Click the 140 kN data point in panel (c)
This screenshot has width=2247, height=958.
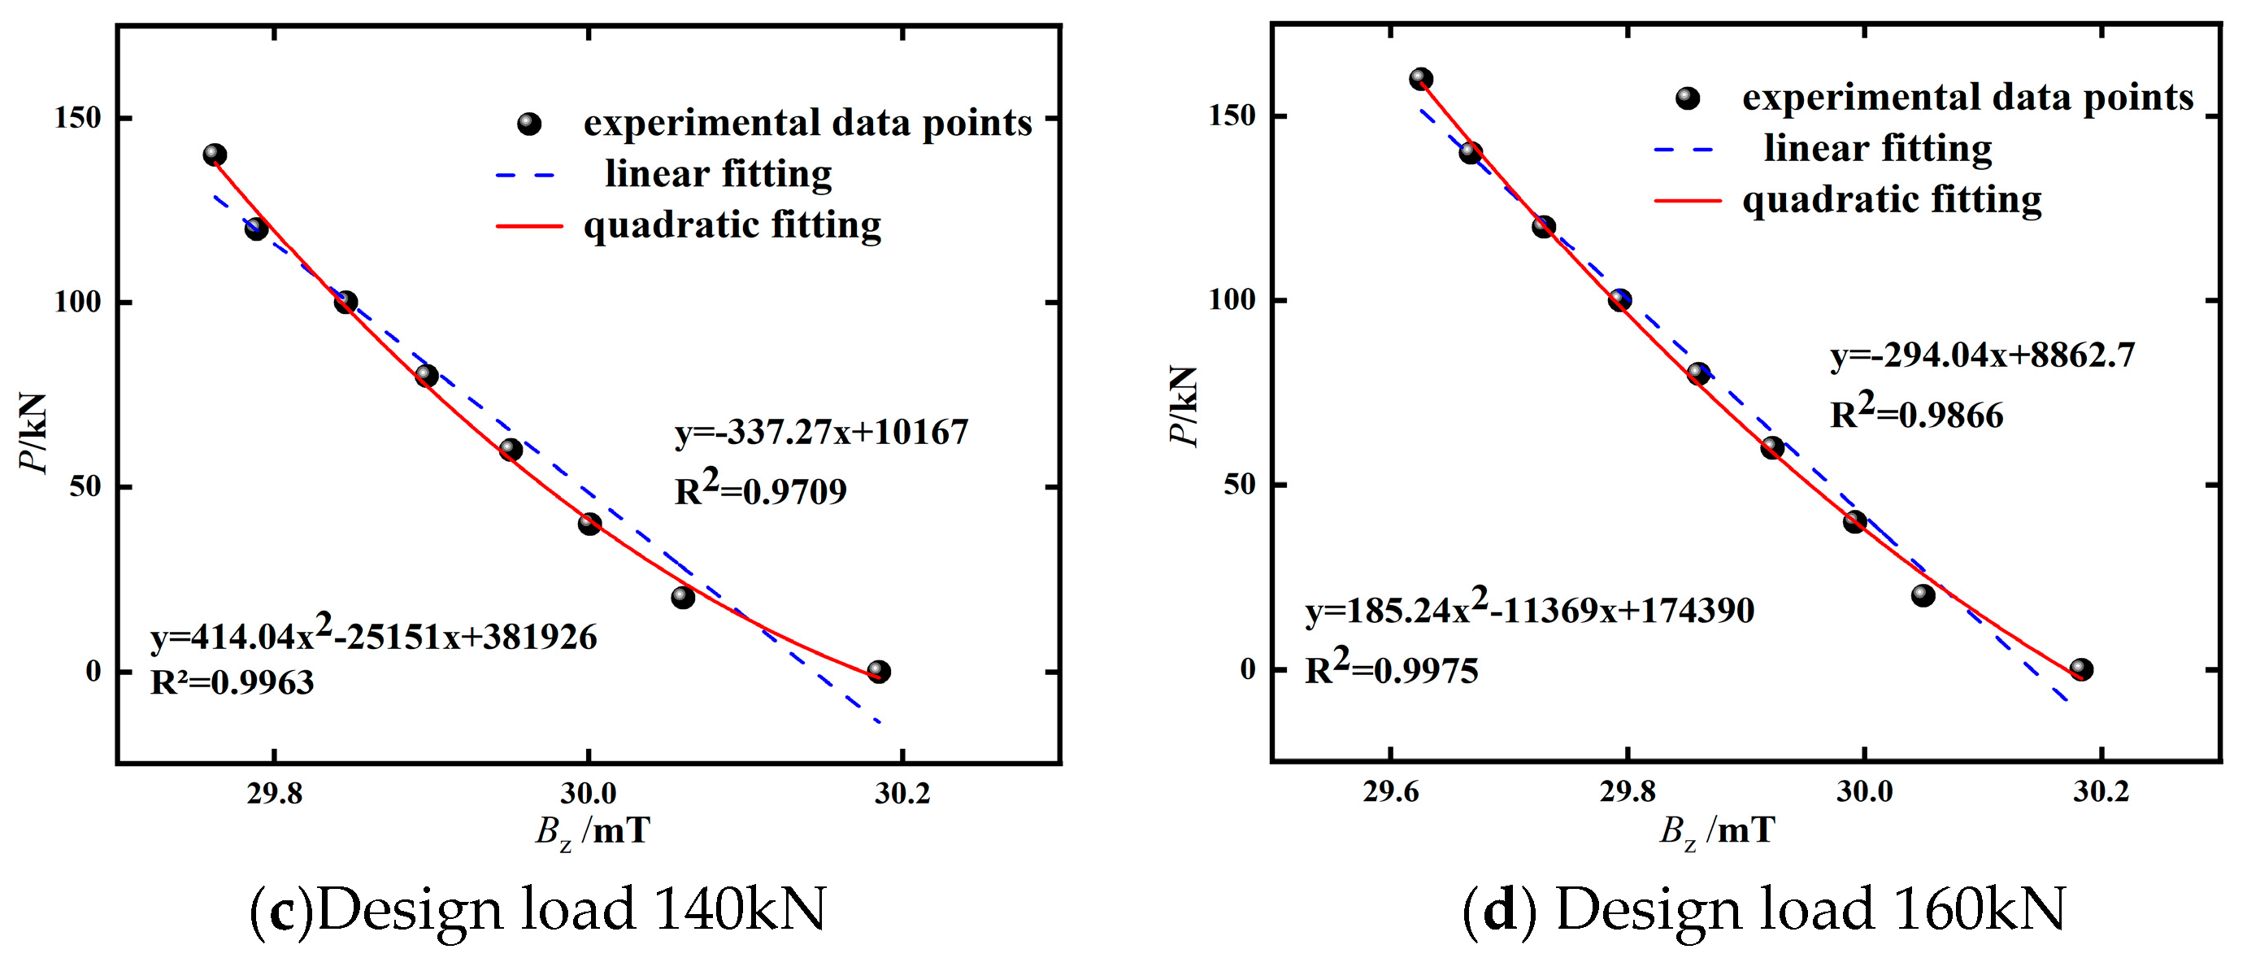pos(215,155)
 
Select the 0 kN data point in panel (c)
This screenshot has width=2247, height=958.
pos(878,671)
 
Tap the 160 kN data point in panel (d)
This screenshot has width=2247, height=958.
pos(1421,79)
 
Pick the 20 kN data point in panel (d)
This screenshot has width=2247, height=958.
pos(1923,595)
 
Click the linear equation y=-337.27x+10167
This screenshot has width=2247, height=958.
pos(821,432)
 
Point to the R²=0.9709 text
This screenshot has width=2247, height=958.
pos(760,490)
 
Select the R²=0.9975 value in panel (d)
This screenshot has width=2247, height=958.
pos(1391,668)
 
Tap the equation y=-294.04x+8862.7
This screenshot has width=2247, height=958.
pos(1982,355)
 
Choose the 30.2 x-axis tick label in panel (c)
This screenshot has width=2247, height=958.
pos(903,793)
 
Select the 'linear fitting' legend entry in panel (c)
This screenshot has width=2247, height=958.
pos(717,173)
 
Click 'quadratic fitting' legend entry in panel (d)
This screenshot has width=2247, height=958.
pos(1891,200)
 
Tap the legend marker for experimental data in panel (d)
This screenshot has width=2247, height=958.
pos(1688,98)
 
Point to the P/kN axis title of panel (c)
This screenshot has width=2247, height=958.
pos(33,432)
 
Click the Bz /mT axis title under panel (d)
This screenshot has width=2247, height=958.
pos(1716,830)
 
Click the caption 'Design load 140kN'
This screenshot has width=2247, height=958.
pos(571,909)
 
